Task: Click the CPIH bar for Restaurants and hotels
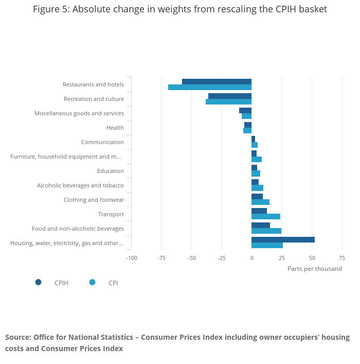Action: click(x=217, y=81)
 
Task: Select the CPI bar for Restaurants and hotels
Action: click(x=210, y=87)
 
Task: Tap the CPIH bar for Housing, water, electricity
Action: click(x=283, y=239)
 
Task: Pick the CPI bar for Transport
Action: click(x=266, y=217)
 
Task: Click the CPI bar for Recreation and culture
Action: click(x=228, y=101)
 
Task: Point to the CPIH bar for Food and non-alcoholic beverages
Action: click(x=261, y=225)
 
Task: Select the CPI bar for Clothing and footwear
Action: click(x=260, y=202)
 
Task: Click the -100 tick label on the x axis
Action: click(x=132, y=258)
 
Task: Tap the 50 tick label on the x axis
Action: click(x=312, y=258)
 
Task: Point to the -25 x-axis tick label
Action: click(x=221, y=258)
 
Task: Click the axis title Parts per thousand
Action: click(x=314, y=269)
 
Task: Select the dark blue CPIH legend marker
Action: click(x=38, y=282)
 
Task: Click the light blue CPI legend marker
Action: click(x=93, y=282)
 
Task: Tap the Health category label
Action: click(x=115, y=128)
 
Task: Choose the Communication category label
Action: click(x=102, y=142)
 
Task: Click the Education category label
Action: click(x=110, y=171)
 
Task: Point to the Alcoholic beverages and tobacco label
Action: click(x=80, y=185)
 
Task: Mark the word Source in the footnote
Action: click(x=18, y=337)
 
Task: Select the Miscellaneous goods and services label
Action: click(x=79, y=113)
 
